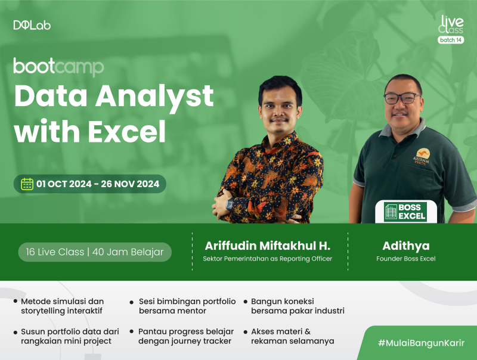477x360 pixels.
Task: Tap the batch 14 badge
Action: (x=450, y=40)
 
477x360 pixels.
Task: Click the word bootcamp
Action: (x=58, y=66)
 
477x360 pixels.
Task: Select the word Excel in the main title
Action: (x=126, y=132)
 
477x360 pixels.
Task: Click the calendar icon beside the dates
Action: (x=27, y=184)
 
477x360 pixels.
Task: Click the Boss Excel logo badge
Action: (x=405, y=212)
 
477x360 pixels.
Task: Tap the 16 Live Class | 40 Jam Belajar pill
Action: (x=94, y=252)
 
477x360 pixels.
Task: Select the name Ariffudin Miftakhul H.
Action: (x=267, y=246)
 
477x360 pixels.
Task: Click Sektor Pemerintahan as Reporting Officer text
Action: (x=267, y=259)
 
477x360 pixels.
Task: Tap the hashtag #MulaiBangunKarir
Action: (x=421, y=343)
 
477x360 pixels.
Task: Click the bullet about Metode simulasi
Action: (x=62, y=306)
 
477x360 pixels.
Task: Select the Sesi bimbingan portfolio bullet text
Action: (x=187, y=306)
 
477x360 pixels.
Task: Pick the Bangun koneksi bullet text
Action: (x=297, y=306)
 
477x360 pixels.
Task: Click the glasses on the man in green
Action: (x=401, y=98)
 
